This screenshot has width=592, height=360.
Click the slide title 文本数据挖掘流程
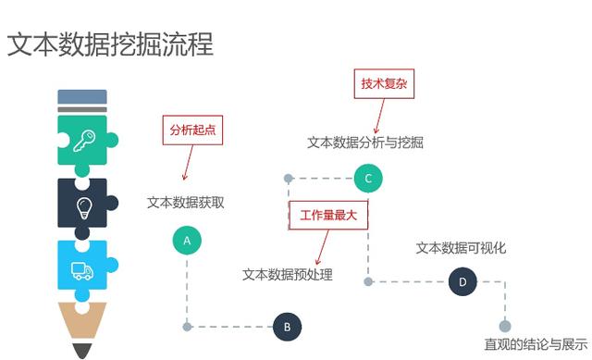[110, 44]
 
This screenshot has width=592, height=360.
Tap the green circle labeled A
[187, 241]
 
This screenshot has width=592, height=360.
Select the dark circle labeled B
[287, 326]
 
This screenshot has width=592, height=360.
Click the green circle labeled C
[367, 178]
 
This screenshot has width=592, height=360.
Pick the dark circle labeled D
[462, 281]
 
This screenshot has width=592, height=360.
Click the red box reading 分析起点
[193, 129]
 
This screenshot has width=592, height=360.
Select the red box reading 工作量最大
[329, 214]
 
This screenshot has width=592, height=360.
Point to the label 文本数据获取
[185, 203]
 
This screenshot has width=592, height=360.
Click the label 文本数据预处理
[287, 274]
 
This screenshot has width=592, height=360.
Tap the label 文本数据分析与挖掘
[365, 143]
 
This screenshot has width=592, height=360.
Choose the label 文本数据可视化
[461, 248]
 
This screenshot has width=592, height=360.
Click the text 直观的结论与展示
[536, 344]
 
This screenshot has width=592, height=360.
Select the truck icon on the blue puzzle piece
[82, 270]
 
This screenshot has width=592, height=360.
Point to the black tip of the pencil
[82, 351]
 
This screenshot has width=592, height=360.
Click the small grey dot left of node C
[289, 178]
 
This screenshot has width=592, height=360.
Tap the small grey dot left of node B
[188, 326]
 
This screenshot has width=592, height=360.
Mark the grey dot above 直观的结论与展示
[505, 326]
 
